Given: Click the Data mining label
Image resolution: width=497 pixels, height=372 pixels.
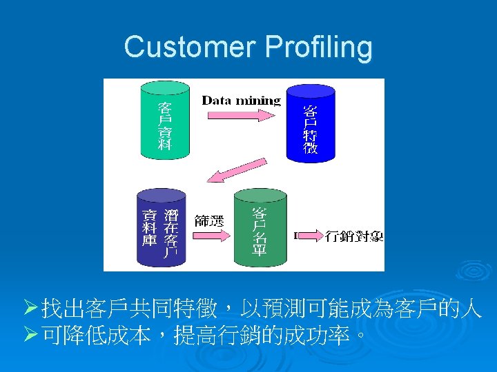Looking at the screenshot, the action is (x=241, y=101).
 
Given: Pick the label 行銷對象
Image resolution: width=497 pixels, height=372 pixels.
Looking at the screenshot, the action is (x=354, y=236).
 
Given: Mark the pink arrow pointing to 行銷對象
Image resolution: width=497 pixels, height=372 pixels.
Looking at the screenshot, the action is (x=310, y=236).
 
